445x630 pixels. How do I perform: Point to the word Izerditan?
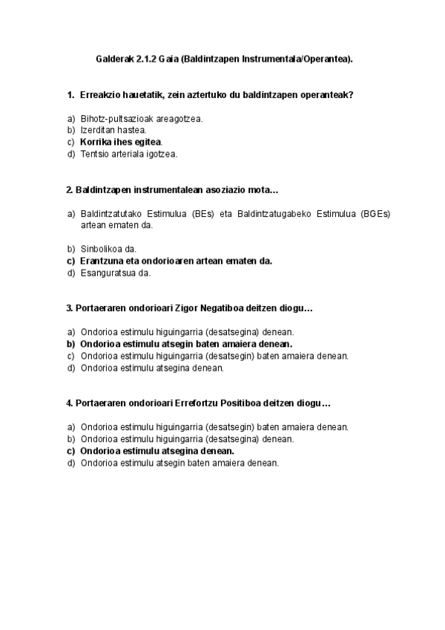point(98,130)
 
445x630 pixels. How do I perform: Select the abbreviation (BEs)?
point(202,214)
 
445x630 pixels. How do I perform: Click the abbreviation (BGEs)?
point(376,214)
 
